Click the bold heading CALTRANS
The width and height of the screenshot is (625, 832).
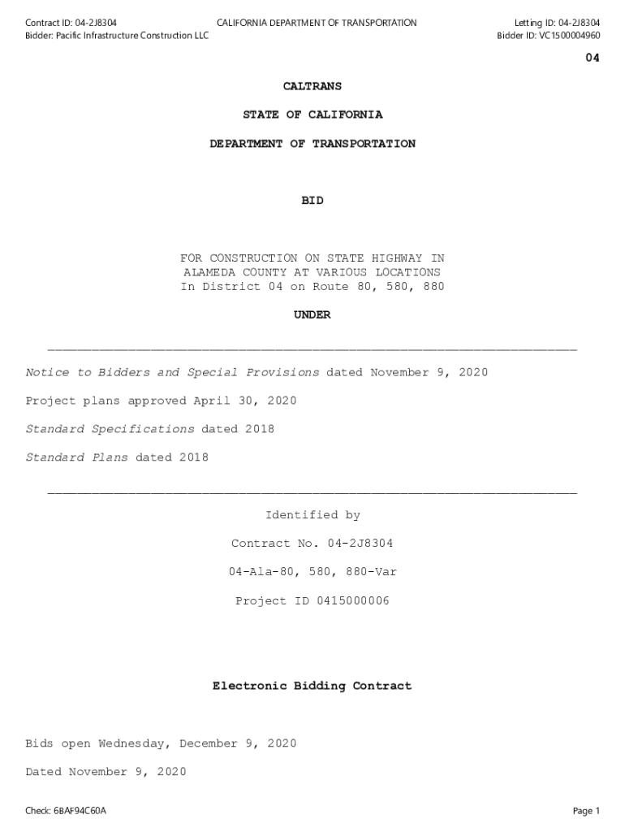312,86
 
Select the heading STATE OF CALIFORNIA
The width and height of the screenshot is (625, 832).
312,115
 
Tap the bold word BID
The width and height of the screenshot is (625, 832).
312,201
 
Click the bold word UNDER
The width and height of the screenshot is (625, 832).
312,315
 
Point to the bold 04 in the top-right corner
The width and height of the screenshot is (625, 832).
593,58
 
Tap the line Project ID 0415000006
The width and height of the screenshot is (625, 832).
312,601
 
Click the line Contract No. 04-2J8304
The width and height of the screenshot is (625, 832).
312,544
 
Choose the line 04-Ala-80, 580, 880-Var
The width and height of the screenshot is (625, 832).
312,572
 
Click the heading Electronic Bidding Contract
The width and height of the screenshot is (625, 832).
312,687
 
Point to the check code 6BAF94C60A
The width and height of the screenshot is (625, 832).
80,811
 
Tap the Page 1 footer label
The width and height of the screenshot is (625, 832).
586,811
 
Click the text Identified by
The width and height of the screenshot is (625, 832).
312,515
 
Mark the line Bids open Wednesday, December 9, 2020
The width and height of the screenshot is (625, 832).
161,743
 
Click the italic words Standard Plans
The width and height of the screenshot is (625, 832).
76,457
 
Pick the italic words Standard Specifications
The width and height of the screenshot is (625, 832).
110,429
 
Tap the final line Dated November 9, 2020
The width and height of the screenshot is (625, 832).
106,772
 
